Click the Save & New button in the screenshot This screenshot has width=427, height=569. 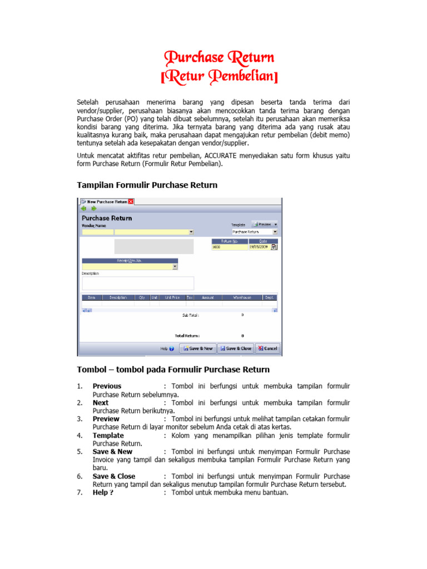pos(197,348)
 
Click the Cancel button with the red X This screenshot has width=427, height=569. pos(267,348)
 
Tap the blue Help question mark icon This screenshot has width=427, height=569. pos(171,349)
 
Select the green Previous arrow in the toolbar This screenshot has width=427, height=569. pos(84,209)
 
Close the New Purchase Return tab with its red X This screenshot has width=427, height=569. pos(131,201)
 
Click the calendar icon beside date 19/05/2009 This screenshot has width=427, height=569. pos(274,247)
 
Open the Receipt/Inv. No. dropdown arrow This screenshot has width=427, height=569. pos(175,267)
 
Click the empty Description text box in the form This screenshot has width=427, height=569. pos(137,283)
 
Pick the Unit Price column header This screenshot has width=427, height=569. pos(172,298)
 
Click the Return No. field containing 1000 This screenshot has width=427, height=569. pos(229,247)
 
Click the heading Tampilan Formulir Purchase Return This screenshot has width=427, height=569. pos(147,184)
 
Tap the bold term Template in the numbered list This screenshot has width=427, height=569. pos(108,436)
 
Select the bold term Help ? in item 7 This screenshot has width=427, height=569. pos(103,492)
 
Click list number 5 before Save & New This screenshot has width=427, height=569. pos(80,452)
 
